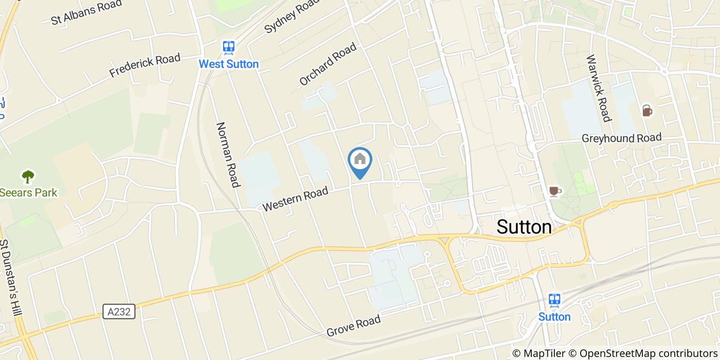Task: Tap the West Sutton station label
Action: (x=229, y=64)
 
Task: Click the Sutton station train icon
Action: (x=554, y=300)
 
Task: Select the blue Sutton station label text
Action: (x=554, y=317)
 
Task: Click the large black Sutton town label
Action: (x=524, y=227)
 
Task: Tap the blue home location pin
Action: (x=360, y=161)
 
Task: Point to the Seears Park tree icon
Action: (x=28, y=177)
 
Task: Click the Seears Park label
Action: (x=29, y=193)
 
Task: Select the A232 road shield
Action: (x=119, y=311)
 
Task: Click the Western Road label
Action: (x=295, y=200)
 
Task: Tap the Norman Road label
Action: (x=228, y=155)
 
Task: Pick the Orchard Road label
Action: (x=328, y=64)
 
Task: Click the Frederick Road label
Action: (x=145, y=65)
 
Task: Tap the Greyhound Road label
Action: (x=621, y=138)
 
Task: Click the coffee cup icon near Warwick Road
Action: (x=647, y=111)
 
